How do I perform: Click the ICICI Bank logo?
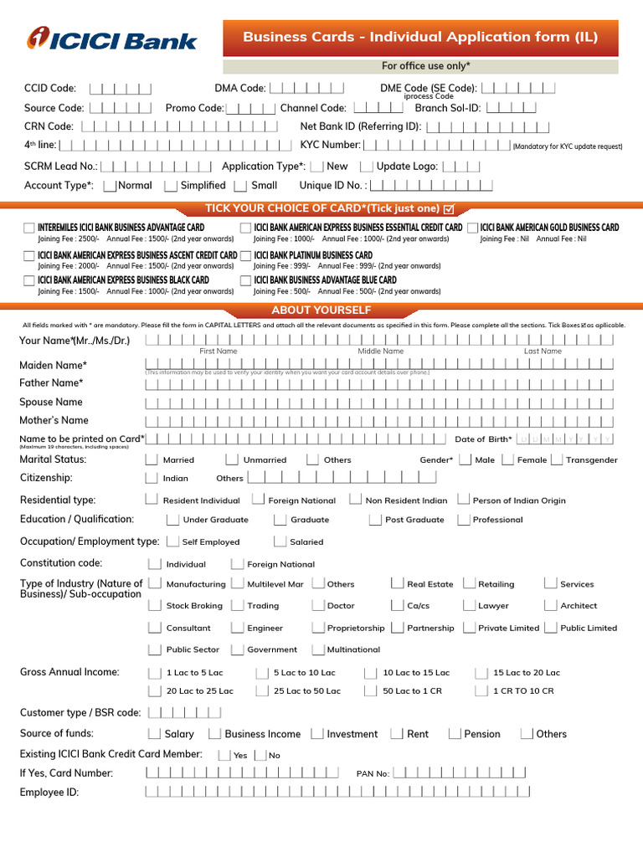(112, 39)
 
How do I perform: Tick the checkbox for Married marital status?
(152, 459)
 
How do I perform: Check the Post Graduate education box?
(375, 520)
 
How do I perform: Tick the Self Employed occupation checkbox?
(172, 541)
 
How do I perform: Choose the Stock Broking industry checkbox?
(154, 605)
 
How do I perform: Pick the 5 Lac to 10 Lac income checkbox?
(262, 672)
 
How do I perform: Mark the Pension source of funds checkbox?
(455, 734)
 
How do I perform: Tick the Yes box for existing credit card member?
(224, 755)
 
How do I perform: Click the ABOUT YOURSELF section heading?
(321, 310)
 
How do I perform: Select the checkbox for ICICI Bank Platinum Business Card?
(245, 255)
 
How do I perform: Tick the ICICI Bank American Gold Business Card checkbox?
(473, 228)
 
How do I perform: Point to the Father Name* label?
(51, 383)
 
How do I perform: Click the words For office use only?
(425, 66)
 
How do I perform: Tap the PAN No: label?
(373, 774)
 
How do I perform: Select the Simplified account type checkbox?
(171, 186)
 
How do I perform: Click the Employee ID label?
(49, 792)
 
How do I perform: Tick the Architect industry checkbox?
(550, 605)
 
